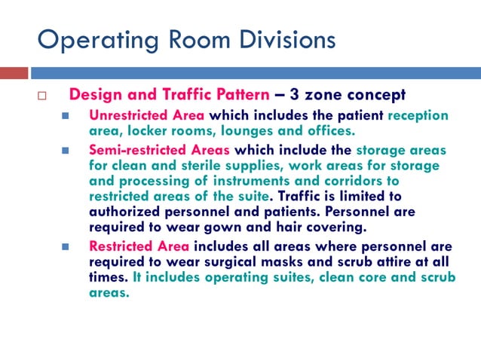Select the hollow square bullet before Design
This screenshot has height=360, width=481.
point(42,96)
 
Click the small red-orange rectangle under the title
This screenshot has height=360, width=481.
point(14,73)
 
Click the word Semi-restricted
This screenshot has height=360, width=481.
point(135,150)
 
